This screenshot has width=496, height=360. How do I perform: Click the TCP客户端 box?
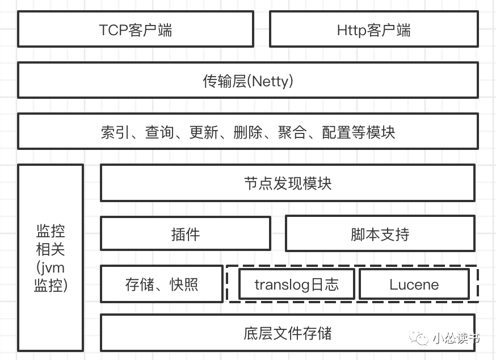[x=135, y=30]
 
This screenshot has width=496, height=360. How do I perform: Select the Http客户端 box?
[x=373, y=30]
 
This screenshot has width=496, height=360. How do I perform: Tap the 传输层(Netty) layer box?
[x=248, y=81]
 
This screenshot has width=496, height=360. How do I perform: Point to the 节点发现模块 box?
[x=287, y=183]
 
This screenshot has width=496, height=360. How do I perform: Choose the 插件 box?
[x=185, y=233]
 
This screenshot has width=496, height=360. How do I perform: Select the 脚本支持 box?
[x=380, y=233]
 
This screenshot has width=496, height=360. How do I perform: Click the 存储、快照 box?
[x=162, y=284]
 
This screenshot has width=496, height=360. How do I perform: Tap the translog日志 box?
[x=297, y=284]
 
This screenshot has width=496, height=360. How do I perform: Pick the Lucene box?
[x=414, y=284]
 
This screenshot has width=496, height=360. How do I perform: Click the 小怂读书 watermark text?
[x=456, y=339]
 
